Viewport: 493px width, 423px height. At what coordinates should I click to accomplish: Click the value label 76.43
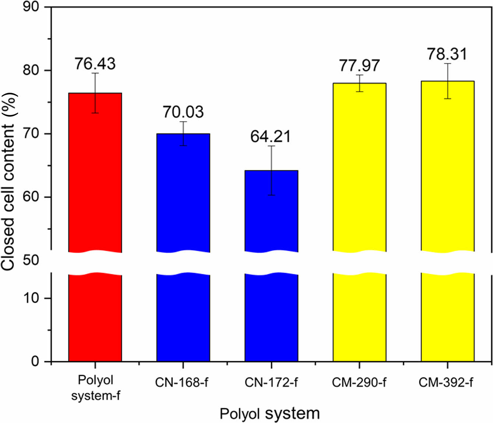click(95, 64)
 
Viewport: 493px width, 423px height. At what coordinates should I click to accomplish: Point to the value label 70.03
click(183, 112)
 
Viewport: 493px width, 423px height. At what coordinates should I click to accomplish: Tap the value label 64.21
click(271, 137)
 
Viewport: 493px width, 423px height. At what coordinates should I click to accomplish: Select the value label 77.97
click(359, 66)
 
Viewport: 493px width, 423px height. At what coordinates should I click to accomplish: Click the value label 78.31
click(447, 54)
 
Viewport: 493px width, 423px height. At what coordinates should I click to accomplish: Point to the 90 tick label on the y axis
click(31, 7)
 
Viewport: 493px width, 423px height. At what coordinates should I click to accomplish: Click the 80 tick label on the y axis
click(31, 70)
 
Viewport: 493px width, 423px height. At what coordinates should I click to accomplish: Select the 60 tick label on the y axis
click(31, 197)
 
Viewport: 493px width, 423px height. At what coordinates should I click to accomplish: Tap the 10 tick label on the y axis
click(31, 298)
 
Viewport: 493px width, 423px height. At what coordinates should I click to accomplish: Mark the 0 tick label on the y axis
click(35, 361)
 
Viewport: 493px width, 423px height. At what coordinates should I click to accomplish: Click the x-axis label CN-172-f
click(271, 383)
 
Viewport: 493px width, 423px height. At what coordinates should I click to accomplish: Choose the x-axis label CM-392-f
click(446, 383)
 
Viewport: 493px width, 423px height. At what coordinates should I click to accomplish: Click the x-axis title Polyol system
click(270, 413)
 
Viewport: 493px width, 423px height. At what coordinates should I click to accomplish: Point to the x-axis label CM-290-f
click(359, 383)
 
